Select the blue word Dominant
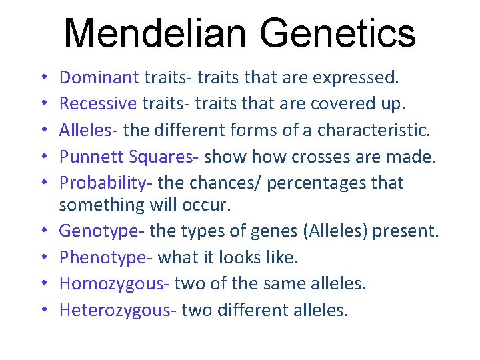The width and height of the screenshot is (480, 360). [99, 77]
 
